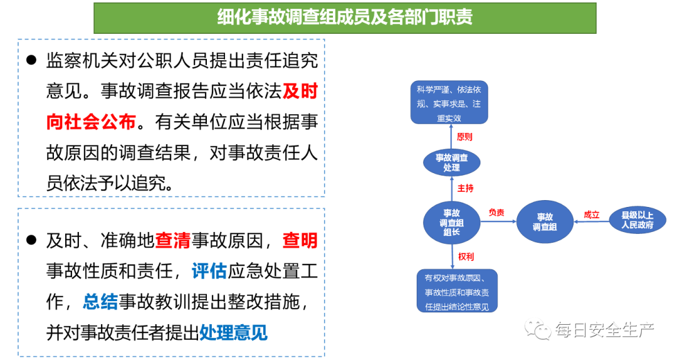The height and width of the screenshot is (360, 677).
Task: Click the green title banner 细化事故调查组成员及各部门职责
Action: [345, 18]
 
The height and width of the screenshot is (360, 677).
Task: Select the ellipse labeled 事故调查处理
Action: [451, 162]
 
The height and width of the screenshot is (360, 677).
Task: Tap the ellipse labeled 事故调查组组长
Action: [451, 223]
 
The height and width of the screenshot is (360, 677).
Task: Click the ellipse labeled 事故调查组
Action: [545, 222]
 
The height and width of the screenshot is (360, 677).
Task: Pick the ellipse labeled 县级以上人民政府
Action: [638, 220]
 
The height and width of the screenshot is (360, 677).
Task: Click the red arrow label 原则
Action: [464, 137]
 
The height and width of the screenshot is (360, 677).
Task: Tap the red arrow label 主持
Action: [465, 188]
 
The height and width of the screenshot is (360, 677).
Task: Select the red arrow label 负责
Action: [496, 213]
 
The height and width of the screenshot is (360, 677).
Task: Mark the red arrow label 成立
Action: [591, 214]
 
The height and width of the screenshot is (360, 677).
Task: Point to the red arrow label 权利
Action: [465, 257]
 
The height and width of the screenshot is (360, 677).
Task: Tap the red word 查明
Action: [300, 240]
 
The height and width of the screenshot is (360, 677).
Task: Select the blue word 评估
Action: [209, 271]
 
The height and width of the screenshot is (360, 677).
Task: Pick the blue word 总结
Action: [100, 302]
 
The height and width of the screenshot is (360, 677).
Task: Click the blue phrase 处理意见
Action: [233, 332]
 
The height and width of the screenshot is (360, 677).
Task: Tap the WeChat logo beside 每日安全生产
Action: [537, 329]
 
